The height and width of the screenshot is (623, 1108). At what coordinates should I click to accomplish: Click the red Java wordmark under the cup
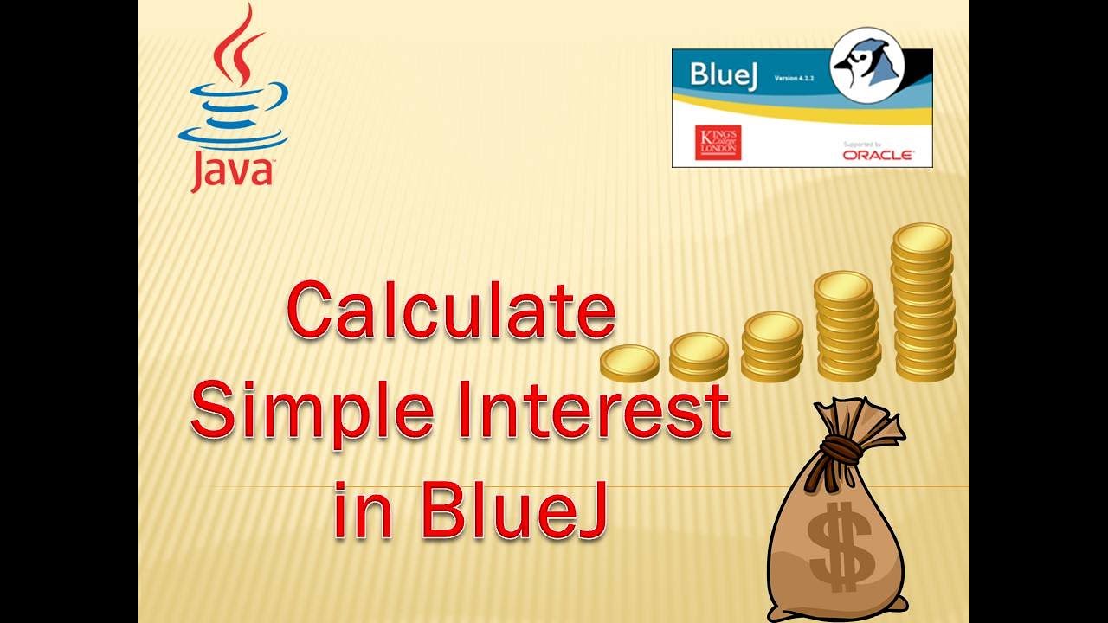pyautogui.click(x=232, y=170)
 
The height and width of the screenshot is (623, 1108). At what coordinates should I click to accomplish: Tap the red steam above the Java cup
pyautogui.click(x=235, y=43)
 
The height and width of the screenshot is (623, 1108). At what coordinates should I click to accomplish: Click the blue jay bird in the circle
pyautogui.click(x=866, y=63)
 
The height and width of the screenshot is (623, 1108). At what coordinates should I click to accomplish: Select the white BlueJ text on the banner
pyautogui.click(x=724, y=74)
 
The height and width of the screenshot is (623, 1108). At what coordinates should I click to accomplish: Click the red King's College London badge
pyautogui.click(x=718, y=142)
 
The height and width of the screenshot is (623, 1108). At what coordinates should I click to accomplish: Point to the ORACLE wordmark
pyautogui.click(x=877, y=155)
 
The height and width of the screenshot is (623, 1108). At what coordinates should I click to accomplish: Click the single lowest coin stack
pyautogui.click(x=629, y=363)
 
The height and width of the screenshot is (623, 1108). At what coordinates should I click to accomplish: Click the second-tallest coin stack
pyautogui.click(x=847, y=327)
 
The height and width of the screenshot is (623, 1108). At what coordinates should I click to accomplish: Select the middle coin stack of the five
pyautogui.click(x=772, y=346)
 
